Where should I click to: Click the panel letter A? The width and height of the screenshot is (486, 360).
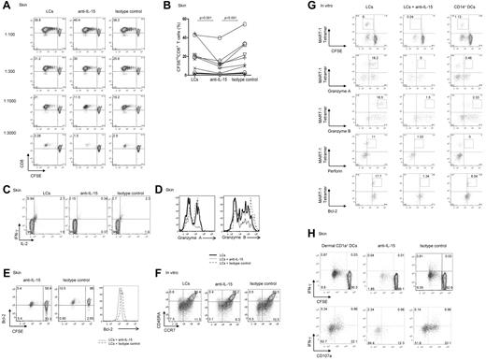[6, 6]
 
